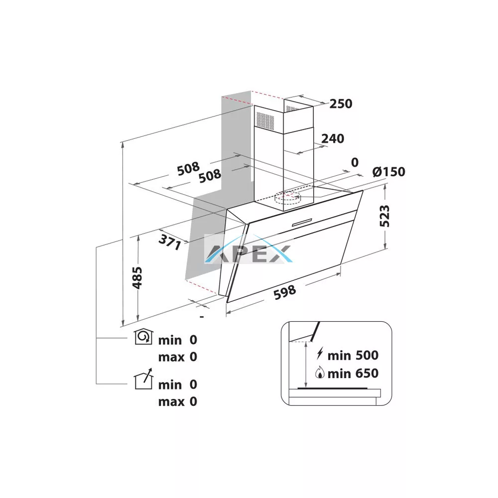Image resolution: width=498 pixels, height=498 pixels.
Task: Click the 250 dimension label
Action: pyautogui.click(x=341, y=104)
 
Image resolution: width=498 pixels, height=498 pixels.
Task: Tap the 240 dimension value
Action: pyautogui.click(x=333, y=138)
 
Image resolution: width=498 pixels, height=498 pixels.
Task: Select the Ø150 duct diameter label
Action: pyautogui.click(x=389, y=171)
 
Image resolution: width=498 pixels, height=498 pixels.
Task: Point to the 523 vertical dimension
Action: pyautogui.click(x=384, y=216)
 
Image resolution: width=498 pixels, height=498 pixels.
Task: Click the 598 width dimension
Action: pyautogui.click(x=285, y=292)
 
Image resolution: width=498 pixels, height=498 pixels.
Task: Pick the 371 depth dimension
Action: pyautogui.click(x=170, y=242)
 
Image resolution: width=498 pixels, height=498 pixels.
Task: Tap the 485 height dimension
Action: pyautogui.click(x=137, y=278)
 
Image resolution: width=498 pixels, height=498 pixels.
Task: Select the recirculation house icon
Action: pyautogui.click(x=143, y=337)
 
